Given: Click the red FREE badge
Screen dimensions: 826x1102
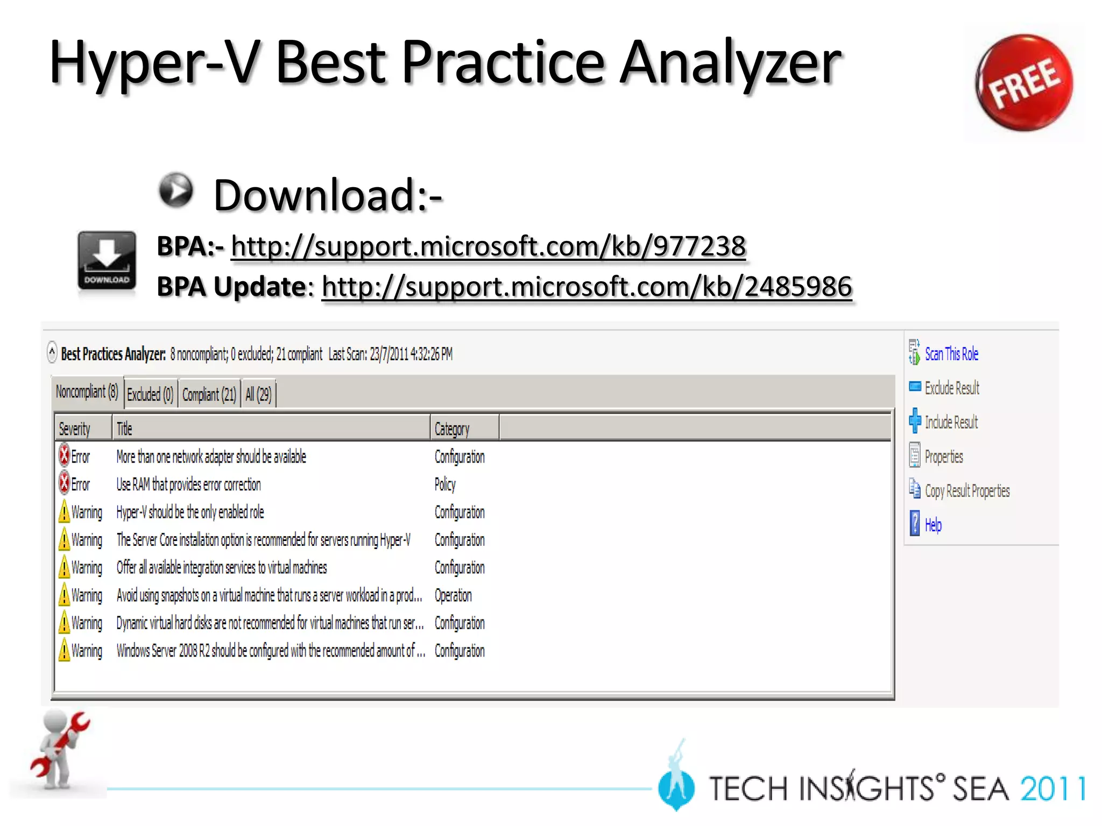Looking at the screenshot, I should (x=1023, y=83).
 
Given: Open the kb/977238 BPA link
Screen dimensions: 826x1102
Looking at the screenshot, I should (x=488, y=247).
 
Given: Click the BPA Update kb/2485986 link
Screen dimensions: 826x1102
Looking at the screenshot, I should (x=587, y=287).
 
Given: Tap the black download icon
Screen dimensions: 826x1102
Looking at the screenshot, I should (x=107, y=261).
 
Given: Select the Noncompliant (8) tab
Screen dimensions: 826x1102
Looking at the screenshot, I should (x=87, y=392).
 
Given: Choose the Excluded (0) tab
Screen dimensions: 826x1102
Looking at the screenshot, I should (x=150, y=395).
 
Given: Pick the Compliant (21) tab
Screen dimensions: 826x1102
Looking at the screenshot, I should (x=209, y=395).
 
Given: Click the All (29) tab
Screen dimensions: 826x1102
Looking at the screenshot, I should (x=258, y=395).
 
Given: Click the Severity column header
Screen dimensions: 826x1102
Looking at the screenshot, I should (x=75, y=429).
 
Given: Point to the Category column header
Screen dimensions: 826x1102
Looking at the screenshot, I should (x=452, y=429).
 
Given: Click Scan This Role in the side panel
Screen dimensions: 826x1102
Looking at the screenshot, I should (x=951, y=354).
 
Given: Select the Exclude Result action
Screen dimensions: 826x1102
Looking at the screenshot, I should (x=951, y=388).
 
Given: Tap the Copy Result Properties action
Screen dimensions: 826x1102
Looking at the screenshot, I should (x=967, y=491).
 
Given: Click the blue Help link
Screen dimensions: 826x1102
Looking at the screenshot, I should (x=933, y=525).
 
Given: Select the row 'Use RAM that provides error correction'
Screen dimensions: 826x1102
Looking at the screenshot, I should (x=188, y=485).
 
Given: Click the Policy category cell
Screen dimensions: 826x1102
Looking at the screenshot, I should (x=445, y=485).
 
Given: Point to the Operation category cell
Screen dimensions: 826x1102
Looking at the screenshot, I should (x=453, y=595).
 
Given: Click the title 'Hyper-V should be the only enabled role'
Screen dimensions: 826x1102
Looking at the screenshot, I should (x=190, y=512).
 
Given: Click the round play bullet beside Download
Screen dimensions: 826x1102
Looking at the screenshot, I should (x=175, y=190).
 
